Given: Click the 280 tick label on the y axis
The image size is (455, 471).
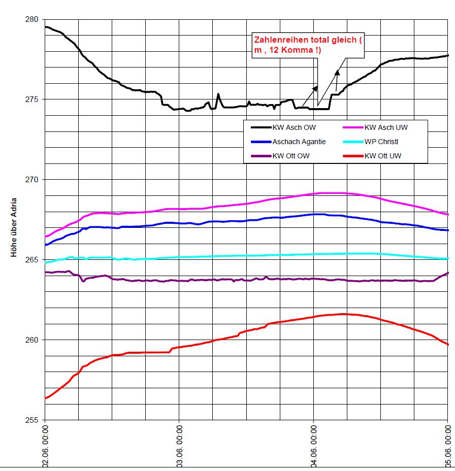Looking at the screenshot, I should coord(31,19).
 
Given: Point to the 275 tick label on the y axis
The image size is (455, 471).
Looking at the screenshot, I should coord(31,99).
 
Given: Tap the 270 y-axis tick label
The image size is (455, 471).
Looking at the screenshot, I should coord(31,180).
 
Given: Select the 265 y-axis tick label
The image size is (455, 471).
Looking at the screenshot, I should coord(31,260).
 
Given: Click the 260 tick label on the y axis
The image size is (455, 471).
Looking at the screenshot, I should coord(31,340).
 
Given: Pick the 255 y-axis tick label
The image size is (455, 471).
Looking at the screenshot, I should coord(31,420).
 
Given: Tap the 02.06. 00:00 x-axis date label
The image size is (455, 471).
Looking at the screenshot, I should coord(45,447).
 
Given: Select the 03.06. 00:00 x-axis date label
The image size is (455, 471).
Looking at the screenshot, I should coord(179,447).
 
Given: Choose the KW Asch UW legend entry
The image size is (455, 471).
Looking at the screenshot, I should coord(386,127).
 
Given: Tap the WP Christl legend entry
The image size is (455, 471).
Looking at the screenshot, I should coord(382,142).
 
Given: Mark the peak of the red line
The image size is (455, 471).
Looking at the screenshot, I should coord(344,314).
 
